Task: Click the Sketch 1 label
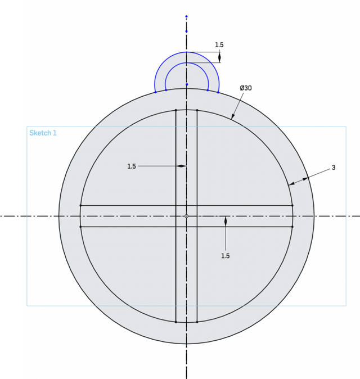pos(43,133)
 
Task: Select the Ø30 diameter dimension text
pos(246,88)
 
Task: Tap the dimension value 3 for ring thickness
pos(334,168)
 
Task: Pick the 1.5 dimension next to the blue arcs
pos(219,44)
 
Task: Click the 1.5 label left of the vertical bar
pos(132,166)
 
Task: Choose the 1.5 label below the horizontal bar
pos(225,256)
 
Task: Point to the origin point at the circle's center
pos(186,216)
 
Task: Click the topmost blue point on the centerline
pos(186,17)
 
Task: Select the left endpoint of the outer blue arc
pos(155,92)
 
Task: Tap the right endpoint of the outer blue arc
pos(218,92)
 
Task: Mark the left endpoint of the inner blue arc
pos(165,89)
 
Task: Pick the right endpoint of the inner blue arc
pos(208,89)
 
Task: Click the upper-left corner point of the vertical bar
pos(176,110)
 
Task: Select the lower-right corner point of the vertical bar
pos(197,322)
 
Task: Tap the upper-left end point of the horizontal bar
pos(81,206)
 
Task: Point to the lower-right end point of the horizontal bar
pos(292,227)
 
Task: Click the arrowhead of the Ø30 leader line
pos(232,118)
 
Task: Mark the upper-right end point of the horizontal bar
pos(292,206)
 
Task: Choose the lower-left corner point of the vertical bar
pos(176,322)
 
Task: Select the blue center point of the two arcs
pos(186,84)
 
